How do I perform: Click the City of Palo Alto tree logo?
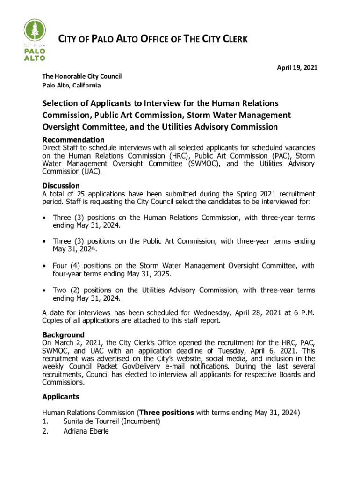pyautogui.click(x=35, y=40)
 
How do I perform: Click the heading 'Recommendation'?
pyautogui.click(x=73, y=140)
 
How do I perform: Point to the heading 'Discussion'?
pyautogui.click(x=61, y=186)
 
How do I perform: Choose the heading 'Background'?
pyautogui.click(x=63, y=335)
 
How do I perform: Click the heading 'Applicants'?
pyautogui.click(x=61, y=397)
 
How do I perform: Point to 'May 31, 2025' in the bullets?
pyautogui.click(x=150, y=274)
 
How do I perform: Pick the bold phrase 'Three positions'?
pyautogui.click(x=166, y=413)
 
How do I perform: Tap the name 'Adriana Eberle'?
pyautogui.click(x=86, y=431)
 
